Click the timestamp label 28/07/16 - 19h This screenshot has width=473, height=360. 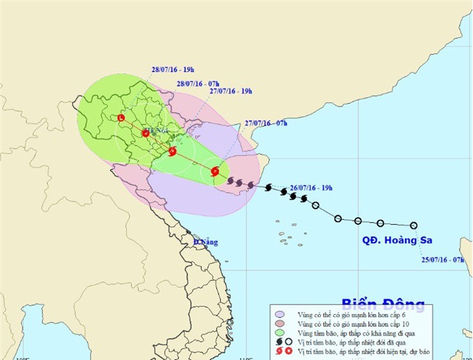coord(172,69)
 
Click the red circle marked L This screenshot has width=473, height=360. coord(121,118)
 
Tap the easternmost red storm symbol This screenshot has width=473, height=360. coord(215,170)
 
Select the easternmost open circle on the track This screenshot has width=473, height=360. coord(414,226)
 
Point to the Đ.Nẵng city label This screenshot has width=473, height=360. coord(206,242)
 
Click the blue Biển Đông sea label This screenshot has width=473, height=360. coord(383,304)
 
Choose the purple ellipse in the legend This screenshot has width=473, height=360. coord(281,316)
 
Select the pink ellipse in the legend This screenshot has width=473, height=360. coord(281,325)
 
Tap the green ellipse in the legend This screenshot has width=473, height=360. coord(281,334)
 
